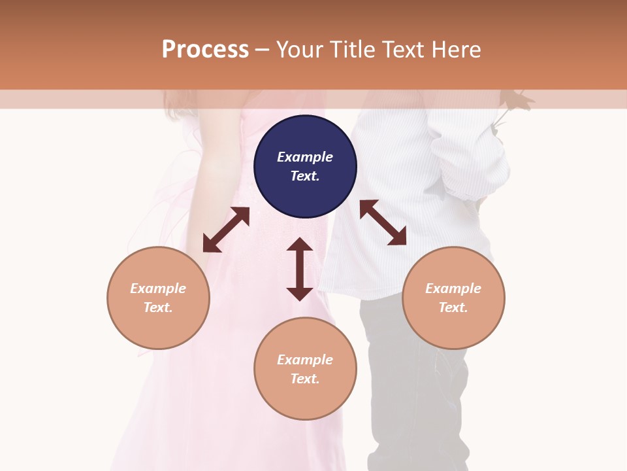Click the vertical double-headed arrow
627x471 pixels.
300,269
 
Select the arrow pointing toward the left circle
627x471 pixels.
226,230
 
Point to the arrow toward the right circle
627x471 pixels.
383,222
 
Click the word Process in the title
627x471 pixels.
205,50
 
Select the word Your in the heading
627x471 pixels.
300,50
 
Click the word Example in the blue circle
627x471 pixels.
305,157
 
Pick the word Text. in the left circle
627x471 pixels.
158,307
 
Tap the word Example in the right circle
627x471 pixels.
453,288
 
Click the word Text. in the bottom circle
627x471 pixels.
305,379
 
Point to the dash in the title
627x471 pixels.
263,50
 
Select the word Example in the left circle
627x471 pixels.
158,288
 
